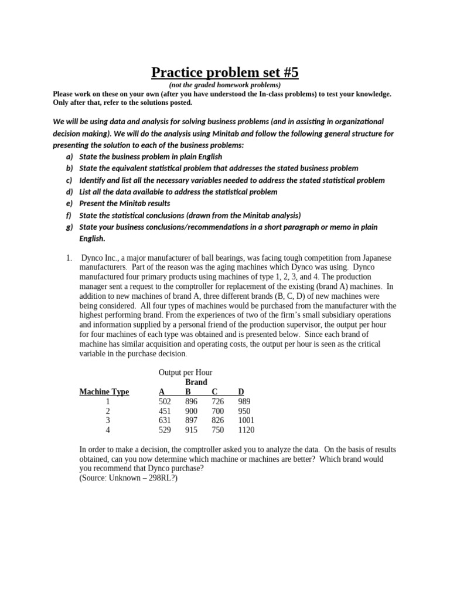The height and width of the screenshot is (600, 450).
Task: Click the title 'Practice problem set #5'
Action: pos(225,72)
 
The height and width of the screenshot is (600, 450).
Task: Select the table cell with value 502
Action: pos(165,401)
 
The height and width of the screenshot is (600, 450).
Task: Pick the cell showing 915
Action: pos(192,429)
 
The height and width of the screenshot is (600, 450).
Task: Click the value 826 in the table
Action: pos(218,420)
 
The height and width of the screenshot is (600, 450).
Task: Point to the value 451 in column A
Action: pos(165,411)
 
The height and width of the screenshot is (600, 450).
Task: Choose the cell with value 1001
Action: pos(247,420)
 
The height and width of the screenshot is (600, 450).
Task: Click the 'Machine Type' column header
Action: pos(104,392)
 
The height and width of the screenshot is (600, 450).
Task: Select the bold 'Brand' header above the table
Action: pos(196,382)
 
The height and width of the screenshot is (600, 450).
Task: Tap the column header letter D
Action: pos(241,392)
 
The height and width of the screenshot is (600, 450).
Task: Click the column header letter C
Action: pos(214,392)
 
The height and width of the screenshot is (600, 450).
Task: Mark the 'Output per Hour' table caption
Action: pos(185,372)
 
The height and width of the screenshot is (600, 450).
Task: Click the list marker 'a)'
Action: pos(70,157)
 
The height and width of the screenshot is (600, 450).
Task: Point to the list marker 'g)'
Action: pos(70,227)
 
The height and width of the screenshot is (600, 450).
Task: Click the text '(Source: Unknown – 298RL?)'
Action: pos(128,478)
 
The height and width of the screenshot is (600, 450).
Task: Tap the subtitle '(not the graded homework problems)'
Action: pos(225,85)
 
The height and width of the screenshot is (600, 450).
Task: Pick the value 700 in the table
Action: pos(218,411)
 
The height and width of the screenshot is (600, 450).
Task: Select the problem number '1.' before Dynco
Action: pos(69,258)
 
